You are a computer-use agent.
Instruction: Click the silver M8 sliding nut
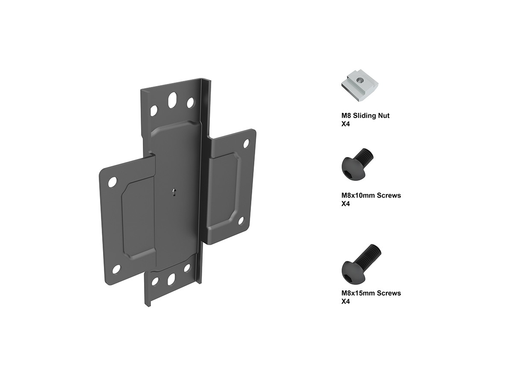click(x=360, y=85)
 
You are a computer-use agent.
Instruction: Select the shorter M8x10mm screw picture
click(x=357, y=164)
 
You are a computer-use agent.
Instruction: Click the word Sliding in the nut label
click(x=366, y=115)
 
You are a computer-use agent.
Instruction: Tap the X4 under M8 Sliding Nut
click(x=345, y=124)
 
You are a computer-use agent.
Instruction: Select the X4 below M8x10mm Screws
click(x=345, y=204)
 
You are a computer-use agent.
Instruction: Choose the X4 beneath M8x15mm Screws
click(x=345, y=302)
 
